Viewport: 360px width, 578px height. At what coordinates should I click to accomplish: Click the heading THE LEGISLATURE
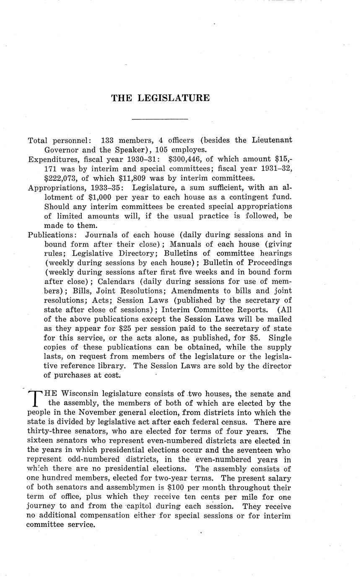(x=160, y=98)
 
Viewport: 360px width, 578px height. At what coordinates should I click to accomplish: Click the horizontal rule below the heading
(x=160, y=119)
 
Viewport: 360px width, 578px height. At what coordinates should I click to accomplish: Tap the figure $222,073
(x=61, y=178)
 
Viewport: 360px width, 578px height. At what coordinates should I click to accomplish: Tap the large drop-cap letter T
(x=36, y=398)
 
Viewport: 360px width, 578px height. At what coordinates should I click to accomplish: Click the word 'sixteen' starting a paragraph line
(x=40, y=441)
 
